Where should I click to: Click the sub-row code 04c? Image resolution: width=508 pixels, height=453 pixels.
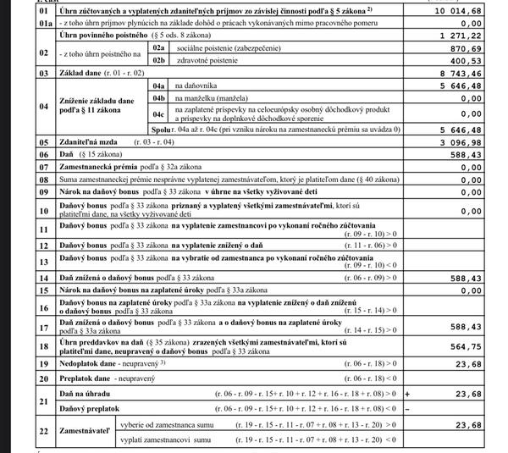158,115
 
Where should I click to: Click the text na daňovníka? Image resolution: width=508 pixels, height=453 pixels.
197,86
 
